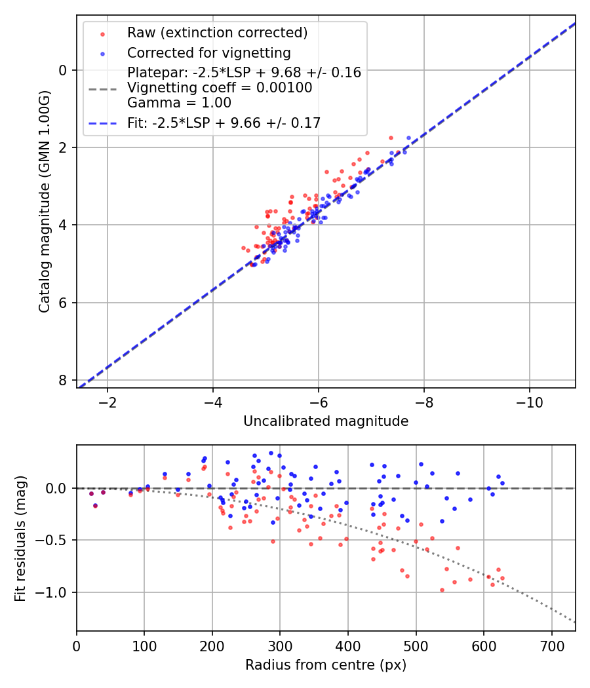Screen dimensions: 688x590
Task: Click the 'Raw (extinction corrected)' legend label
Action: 217,33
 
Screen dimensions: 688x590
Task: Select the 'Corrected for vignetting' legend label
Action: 208,52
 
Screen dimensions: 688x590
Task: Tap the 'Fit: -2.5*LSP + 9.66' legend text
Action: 224,123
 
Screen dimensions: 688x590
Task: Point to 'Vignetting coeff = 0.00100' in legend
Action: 220,88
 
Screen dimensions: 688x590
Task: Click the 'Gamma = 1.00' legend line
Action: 179,102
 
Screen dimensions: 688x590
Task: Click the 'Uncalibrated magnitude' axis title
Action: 326,421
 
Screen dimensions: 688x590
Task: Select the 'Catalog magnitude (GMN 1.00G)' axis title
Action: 44,201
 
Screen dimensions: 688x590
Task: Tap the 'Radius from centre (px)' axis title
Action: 326,665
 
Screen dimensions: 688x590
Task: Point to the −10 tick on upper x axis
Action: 529,402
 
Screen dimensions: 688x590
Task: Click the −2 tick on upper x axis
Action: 108,402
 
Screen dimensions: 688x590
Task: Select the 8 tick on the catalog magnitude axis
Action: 63,380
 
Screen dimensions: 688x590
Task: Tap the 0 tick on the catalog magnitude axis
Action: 63,70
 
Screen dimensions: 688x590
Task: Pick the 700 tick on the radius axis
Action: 551,645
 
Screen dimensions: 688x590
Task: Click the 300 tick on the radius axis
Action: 280,645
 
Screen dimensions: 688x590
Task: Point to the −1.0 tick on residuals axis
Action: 54,592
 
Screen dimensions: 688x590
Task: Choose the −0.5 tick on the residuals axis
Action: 54,541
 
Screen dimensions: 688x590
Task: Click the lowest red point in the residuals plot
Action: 442,590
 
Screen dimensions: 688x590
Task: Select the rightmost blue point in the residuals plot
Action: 502,483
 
